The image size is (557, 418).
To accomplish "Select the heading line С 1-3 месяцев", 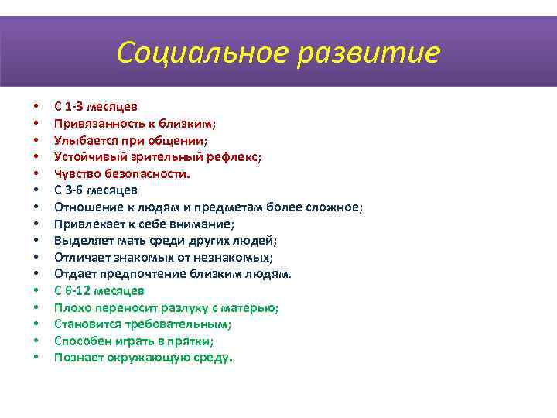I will pyautogui.click(x=96, y=106).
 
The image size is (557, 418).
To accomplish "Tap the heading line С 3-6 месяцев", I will pyautogui.click(x=96, y=190).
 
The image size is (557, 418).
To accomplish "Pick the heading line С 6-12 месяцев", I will pyautogui.click(x=99, y=291).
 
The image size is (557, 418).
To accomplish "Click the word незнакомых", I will pyautogui.click(x=237, y=257).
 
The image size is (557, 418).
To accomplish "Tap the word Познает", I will pyautogui.click(x=78, y=358).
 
